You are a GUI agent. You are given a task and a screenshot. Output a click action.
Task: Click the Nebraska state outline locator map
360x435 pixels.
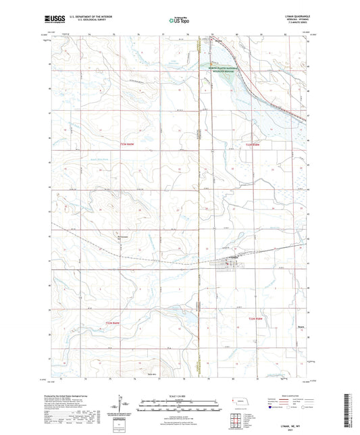coord(238,401)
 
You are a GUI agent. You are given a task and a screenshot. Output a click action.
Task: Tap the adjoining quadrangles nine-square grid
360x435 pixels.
coord(238,419)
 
